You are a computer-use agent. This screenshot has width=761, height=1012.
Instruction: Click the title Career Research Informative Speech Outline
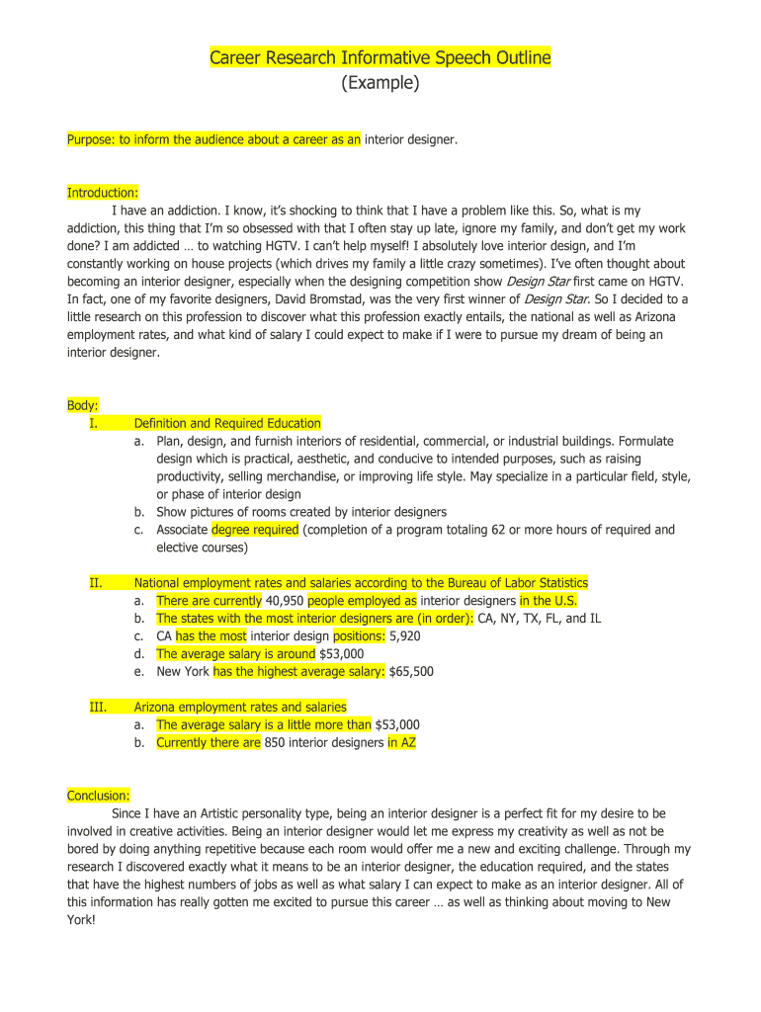380,58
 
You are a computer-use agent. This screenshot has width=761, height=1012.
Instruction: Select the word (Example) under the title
380,84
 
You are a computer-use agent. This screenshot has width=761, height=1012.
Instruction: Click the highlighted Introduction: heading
102,192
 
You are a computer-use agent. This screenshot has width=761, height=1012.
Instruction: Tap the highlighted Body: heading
82,405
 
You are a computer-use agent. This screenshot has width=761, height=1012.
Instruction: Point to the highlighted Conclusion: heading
98,796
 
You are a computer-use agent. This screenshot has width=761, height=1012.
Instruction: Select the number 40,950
285,601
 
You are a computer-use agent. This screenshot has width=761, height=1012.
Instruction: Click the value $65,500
411,672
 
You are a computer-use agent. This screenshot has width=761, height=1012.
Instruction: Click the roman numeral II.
96,583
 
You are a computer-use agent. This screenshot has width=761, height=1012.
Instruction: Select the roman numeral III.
98,707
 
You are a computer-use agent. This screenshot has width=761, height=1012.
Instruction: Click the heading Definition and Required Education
227,423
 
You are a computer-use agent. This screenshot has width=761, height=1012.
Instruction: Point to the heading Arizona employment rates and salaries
240,707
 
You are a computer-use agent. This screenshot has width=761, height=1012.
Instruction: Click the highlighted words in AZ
401,742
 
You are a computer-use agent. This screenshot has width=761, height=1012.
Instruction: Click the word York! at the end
82,920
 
